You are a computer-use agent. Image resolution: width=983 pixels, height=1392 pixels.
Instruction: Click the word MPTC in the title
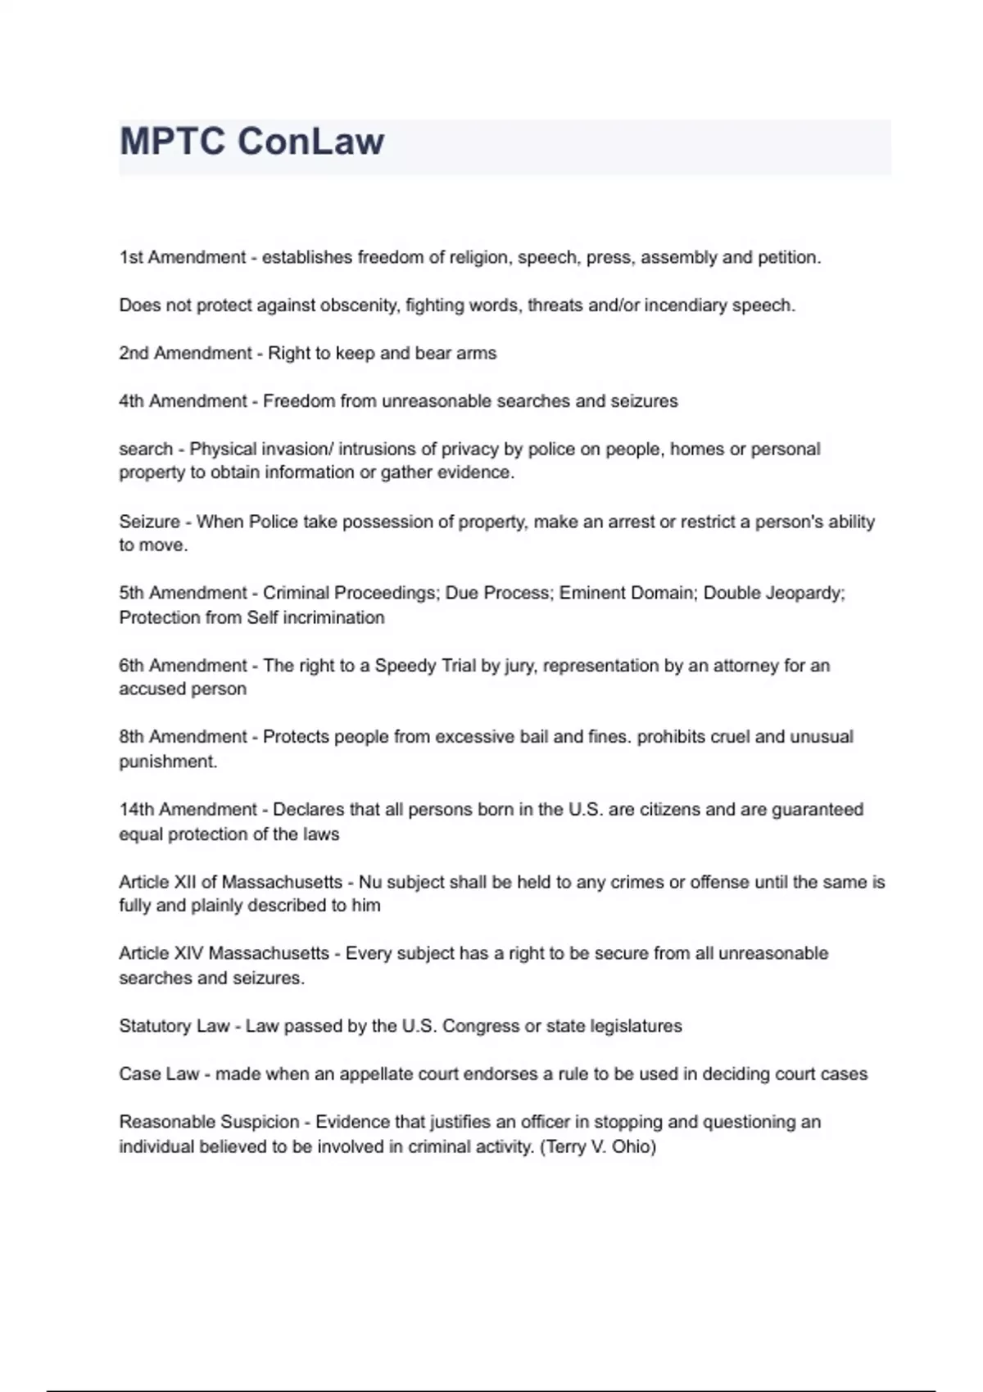click(x=173, y=141)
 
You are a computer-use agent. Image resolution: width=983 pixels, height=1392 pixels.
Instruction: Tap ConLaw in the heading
click(x=310, y=141)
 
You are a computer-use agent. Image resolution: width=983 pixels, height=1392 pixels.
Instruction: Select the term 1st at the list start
click(x=131, y=257)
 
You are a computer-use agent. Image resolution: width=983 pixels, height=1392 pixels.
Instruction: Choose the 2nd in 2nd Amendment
click(x=134, y=353)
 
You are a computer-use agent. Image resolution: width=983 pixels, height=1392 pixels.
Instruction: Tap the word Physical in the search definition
click(x=222, y=449)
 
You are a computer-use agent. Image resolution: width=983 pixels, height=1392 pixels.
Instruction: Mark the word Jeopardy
click(x=804, y=593)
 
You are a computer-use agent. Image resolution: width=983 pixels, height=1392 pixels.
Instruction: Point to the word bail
click(x=533, y=737)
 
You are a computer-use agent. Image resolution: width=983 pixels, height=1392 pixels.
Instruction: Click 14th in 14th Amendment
click(x=136, y=810)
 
